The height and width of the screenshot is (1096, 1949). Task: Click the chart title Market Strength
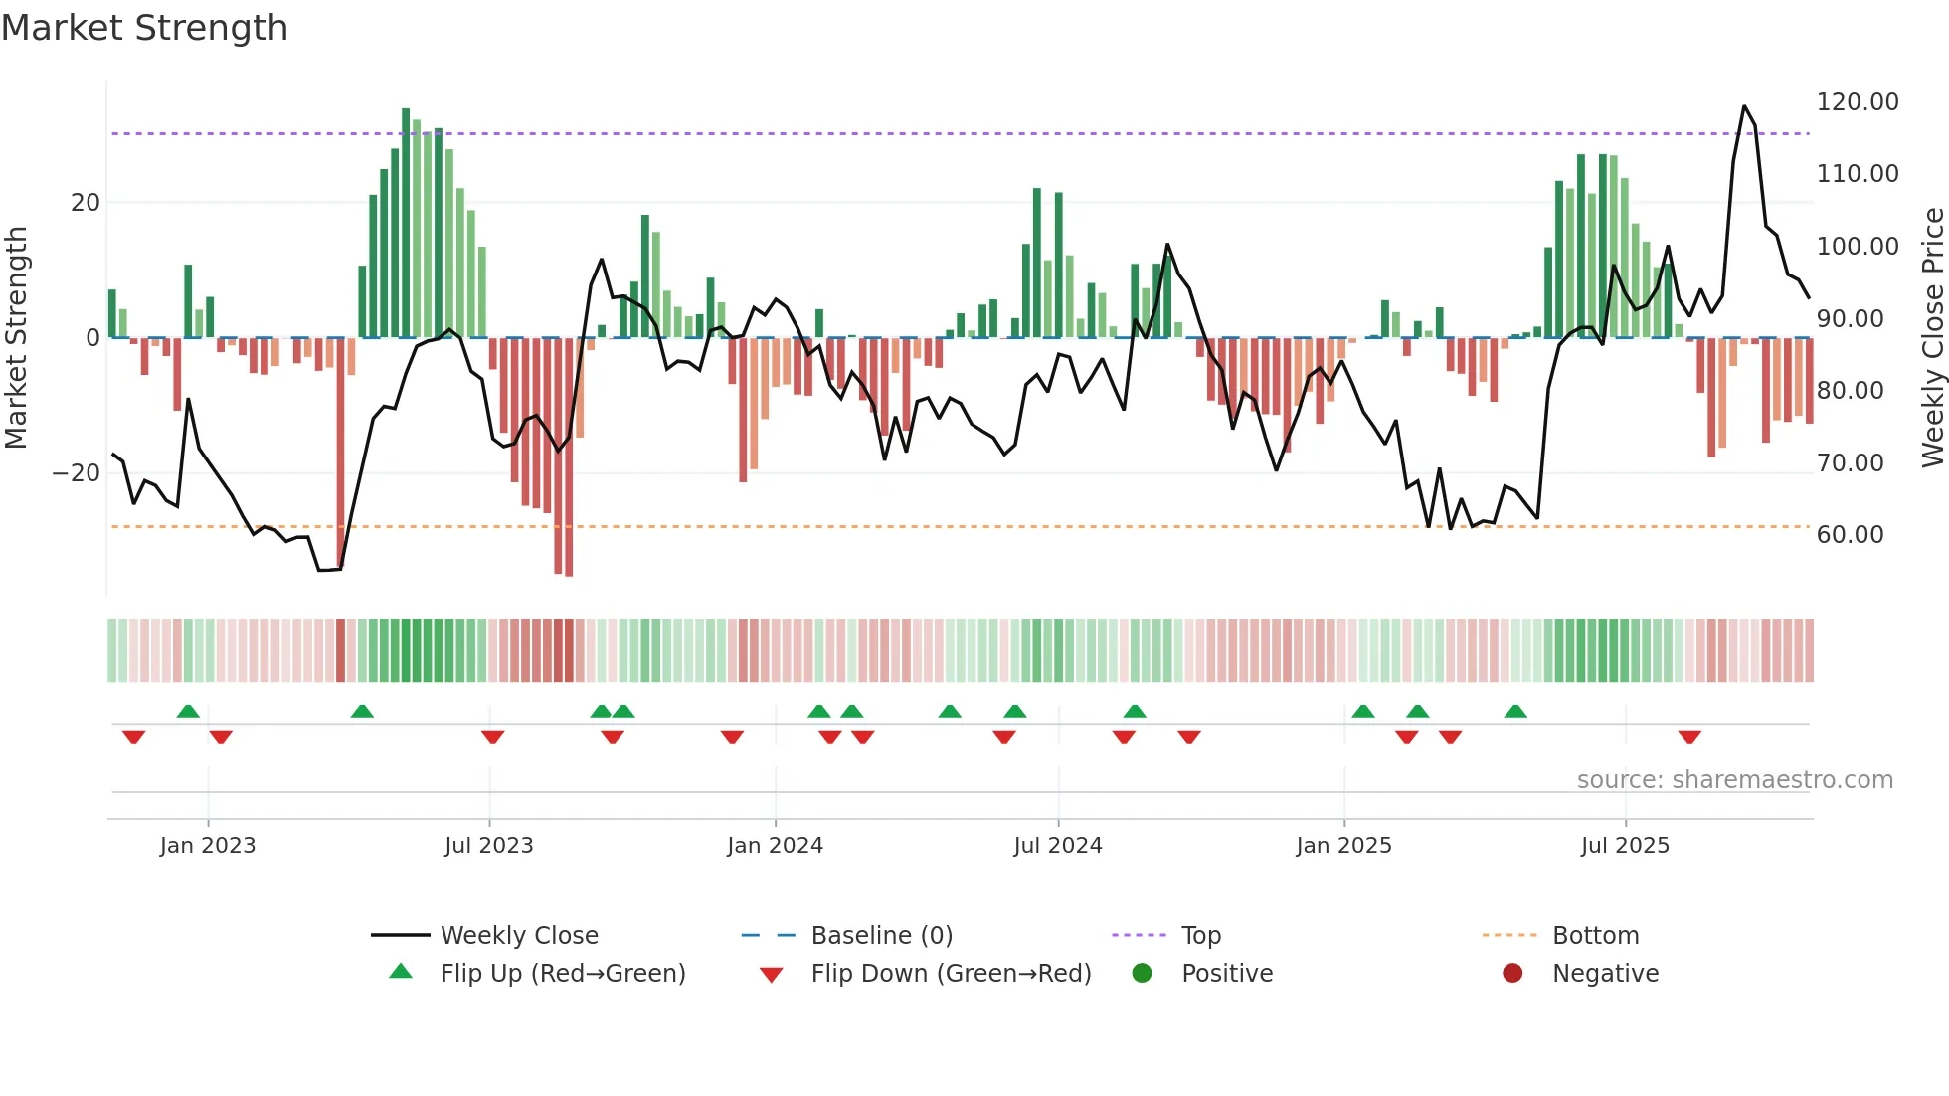tap(144, 28)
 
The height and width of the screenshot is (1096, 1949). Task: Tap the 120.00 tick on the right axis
tap(1857, 102)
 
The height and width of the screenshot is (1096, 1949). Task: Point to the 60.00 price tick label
tap(1850, 535)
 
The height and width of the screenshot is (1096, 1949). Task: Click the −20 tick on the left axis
tap(76, 473)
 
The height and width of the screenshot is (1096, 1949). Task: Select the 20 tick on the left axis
tap(86, 203)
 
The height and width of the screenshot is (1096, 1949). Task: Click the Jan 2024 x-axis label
tap(775, 846)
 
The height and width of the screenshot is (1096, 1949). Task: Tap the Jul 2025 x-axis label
tap(1625, 846)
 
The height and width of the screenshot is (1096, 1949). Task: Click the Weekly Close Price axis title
tap(1932, 338)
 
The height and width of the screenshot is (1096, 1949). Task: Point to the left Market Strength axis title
tap(17, 338)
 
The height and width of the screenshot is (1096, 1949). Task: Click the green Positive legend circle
tap(1142, 974)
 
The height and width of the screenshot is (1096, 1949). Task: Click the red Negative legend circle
tap(1512, 974)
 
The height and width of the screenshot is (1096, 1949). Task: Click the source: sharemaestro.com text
tap(1734, 780)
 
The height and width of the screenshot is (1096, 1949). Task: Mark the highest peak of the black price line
tap(1744, 106)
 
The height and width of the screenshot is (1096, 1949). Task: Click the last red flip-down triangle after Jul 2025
tap(1689, 737)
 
